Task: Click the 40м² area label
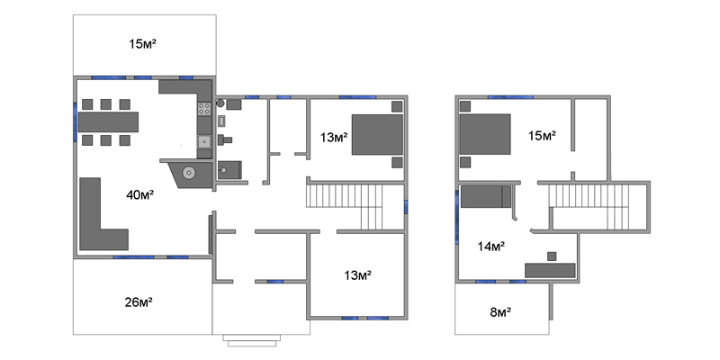[140, 195]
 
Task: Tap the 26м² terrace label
[139, 302]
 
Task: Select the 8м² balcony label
[500, 312]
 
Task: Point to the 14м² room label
[491, 247]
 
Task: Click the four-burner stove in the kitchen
[204, 109]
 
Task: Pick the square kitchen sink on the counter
[204, 141]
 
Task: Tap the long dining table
[108, 122]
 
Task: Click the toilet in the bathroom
[224, 139]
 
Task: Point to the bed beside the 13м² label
[377, 134]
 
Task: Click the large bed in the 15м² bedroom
[485, 134]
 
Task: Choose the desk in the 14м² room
[550, 271]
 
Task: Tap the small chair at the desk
[552, 256]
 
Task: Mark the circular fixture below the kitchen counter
[188, 173]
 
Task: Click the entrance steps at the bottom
[252, 340]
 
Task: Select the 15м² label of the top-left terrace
[143, 44]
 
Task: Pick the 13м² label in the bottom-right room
[357, 275]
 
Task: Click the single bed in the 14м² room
[486, 196]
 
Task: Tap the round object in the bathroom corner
[220, 103]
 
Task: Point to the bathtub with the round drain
[229, 170]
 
